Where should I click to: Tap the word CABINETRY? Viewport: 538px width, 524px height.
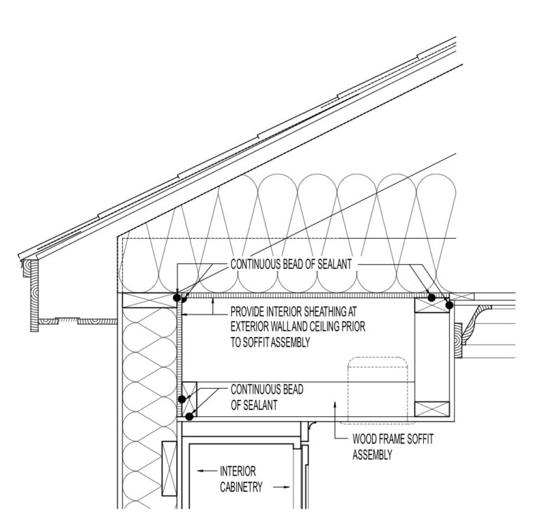(x=241, y=487)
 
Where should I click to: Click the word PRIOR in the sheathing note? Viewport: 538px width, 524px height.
(x=353, y=326)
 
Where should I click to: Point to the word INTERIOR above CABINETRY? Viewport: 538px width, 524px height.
(x=237, y=471)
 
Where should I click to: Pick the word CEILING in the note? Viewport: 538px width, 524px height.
(x=324, y=326)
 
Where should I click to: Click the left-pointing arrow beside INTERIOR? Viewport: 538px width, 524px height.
(x=207, y=471)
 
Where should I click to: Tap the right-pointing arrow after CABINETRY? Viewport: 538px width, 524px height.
(x=282, y=487)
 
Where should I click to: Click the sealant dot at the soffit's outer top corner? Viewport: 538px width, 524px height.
(x=449, y=305)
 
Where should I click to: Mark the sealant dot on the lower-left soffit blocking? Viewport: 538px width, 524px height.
(x=182, y=399)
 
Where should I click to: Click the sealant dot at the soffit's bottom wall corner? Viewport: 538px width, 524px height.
(x=189, y=417)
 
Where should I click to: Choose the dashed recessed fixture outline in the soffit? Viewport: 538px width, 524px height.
(x=378, y=389)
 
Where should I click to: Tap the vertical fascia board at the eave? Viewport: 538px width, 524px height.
(x=34, y=296)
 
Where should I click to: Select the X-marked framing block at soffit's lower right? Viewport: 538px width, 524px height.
(x=432, y=409)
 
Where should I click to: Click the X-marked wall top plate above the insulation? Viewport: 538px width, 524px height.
(x=149, y=301)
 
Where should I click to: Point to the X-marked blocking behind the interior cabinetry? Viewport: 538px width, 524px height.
(x=169, y=469)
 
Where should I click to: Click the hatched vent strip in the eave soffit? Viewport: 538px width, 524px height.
(x=67, y=320)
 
